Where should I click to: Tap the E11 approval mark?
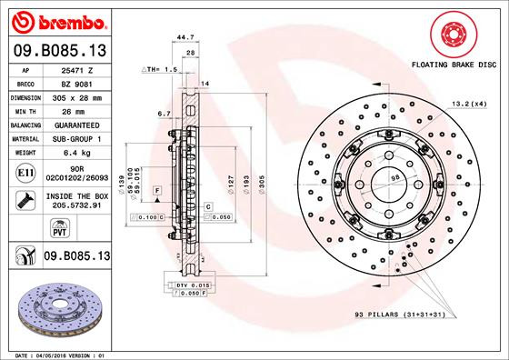[25, 172]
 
